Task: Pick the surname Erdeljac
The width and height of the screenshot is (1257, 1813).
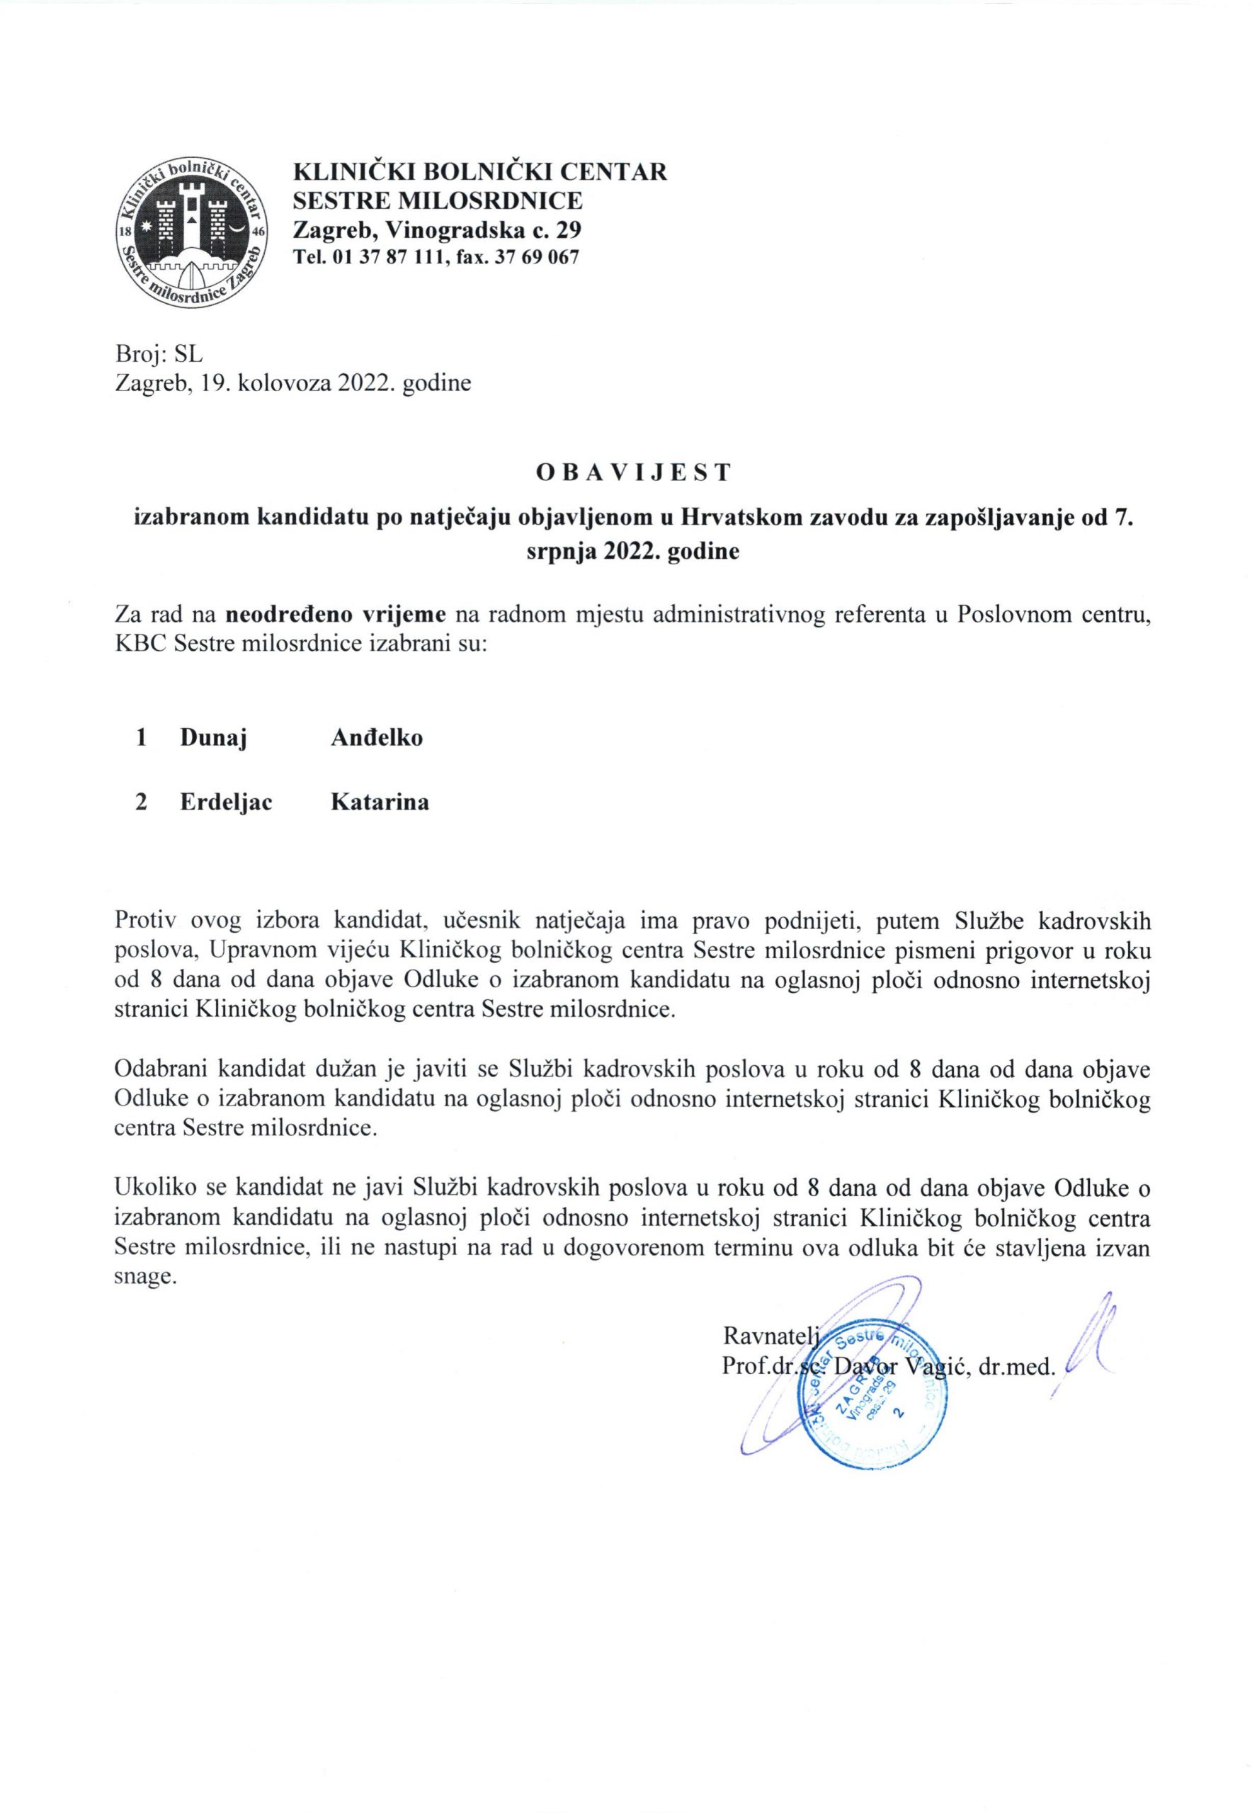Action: point(226,802)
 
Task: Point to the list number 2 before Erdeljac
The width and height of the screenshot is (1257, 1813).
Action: point(142,802)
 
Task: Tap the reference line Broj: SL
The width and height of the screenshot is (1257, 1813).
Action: point(159,353)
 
